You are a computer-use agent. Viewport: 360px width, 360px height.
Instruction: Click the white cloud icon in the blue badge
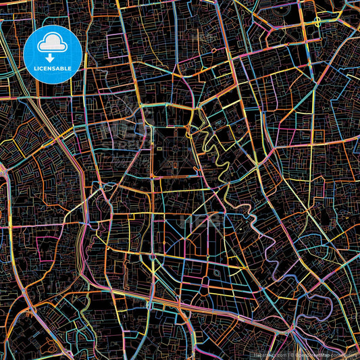click(52, 44)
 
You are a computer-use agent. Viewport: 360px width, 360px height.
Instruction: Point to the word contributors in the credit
click(344, 353)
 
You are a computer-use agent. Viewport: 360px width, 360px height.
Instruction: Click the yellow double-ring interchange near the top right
click(317, 22)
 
